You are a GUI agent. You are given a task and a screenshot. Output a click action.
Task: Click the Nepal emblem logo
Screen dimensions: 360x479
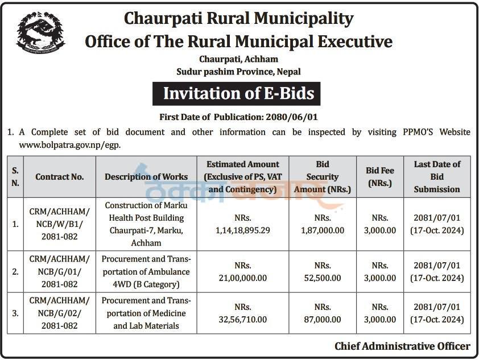(x=41, y=33)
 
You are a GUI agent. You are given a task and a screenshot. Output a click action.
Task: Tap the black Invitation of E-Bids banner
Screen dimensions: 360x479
(x=238, y=94)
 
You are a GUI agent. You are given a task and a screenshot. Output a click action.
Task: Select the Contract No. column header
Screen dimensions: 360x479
(x=60, y=177)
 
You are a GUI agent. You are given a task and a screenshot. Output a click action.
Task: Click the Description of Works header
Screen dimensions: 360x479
(x=146, y=177)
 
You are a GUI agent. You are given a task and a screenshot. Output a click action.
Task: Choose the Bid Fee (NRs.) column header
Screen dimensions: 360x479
(x=381, y=177)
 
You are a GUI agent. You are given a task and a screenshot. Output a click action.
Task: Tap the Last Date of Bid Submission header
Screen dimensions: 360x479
(x=437, y=177)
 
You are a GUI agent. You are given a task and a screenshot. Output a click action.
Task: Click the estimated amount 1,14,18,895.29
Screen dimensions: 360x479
(x=243, y=230)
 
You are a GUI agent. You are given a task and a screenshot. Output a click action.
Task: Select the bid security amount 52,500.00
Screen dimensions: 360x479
(x=322, y=278)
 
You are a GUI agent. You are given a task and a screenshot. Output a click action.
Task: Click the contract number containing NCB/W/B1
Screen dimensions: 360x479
(x=60, y=224)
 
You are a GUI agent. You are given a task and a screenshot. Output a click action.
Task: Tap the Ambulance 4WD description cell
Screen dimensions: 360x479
(x=146, y=272)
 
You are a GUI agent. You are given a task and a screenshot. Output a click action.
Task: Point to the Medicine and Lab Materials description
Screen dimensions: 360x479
(x=146, y=313)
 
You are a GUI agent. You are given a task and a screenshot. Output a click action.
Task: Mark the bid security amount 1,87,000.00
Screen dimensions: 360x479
(x=322, y=230)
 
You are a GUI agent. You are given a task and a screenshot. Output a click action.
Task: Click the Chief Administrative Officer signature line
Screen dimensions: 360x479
(x=402, y=346)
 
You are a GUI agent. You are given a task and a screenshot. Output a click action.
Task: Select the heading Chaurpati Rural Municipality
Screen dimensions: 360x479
(x=238, y=19)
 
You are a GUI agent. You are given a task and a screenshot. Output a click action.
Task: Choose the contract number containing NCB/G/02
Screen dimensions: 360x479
(x=60, y=313)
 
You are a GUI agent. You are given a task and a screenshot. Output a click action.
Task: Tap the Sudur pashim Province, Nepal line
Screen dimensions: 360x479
(x=238, y=72)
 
